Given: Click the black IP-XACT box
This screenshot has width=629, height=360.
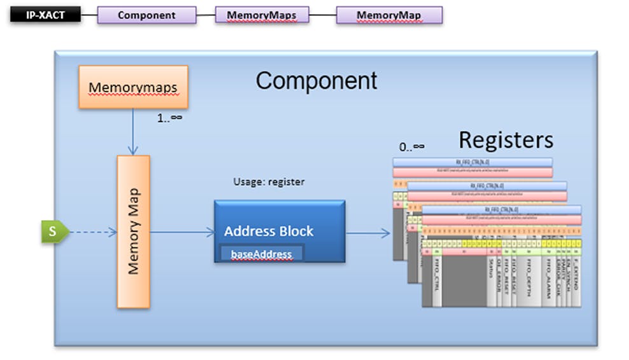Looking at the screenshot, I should [45, 15].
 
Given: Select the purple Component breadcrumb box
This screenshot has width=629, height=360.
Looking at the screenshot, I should [146, 15].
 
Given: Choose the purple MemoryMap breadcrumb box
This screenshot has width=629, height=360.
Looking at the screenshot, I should [389, 15].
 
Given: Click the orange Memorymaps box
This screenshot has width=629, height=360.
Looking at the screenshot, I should [133, 87].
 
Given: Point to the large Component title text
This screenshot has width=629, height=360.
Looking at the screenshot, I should [316, 81].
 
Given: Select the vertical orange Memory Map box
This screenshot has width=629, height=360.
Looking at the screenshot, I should [133, 232].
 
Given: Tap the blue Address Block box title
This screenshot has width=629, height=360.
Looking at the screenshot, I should [268, 231].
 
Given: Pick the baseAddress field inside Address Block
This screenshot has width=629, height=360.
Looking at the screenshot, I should [261, 254].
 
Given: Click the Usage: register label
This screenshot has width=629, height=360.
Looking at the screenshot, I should [268, 182].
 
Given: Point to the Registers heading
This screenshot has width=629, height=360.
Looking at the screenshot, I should [506, 140].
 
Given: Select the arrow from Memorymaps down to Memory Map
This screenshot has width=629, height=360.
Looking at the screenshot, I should [132, 132].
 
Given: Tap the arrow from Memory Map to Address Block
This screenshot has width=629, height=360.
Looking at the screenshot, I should [182, 232].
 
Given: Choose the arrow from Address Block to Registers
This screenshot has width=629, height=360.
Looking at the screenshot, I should [368, 233].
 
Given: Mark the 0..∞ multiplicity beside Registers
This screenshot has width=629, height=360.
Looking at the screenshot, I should [411, 148].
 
